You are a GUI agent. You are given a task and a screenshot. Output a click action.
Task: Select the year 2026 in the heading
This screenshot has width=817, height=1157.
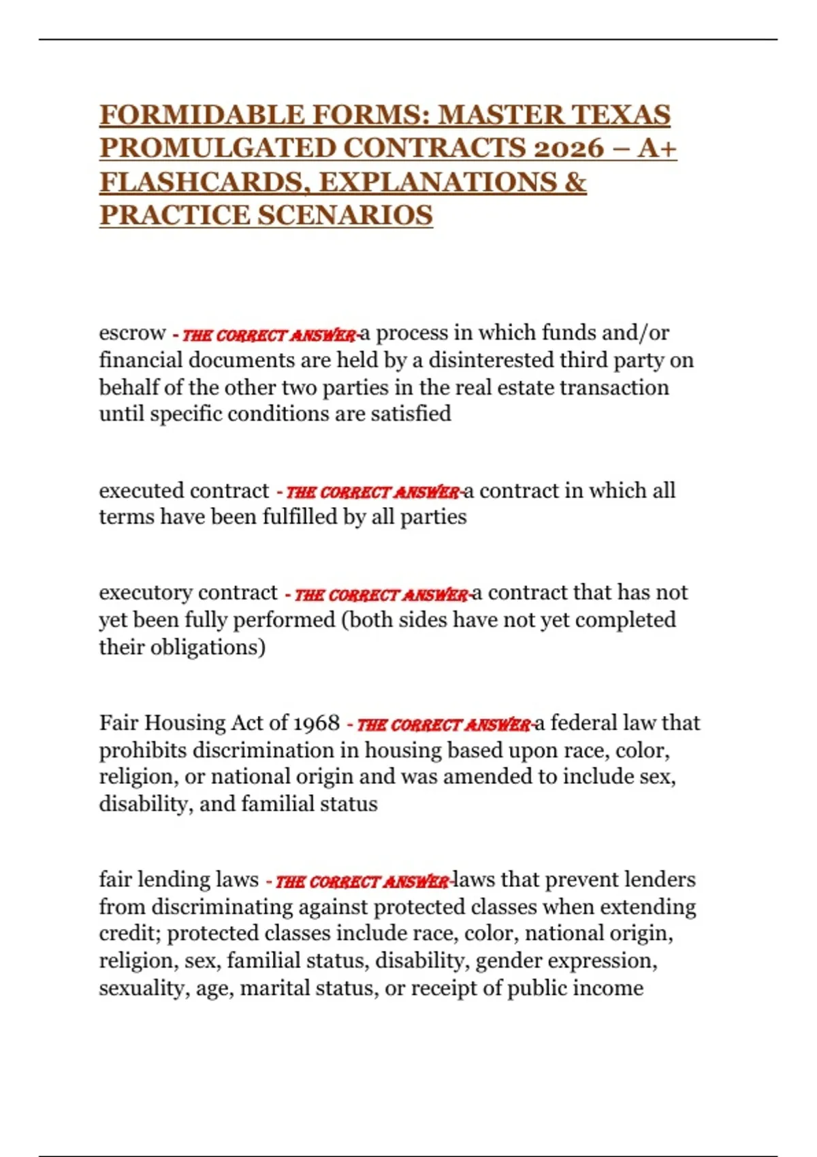point(568,148)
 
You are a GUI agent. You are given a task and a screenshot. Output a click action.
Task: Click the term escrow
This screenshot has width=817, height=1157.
point(132,333)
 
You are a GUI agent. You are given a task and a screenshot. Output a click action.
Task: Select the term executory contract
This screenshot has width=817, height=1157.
point(188,593)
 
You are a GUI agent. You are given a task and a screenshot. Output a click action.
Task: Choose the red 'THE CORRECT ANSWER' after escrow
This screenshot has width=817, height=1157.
point(269,336)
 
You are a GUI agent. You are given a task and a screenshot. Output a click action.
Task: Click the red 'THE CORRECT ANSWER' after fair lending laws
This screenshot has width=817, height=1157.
point(362,882)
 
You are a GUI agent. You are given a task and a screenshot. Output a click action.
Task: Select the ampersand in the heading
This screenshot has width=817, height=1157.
point(575,182)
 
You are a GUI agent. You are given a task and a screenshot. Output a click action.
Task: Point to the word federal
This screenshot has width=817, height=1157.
point(582,723)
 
